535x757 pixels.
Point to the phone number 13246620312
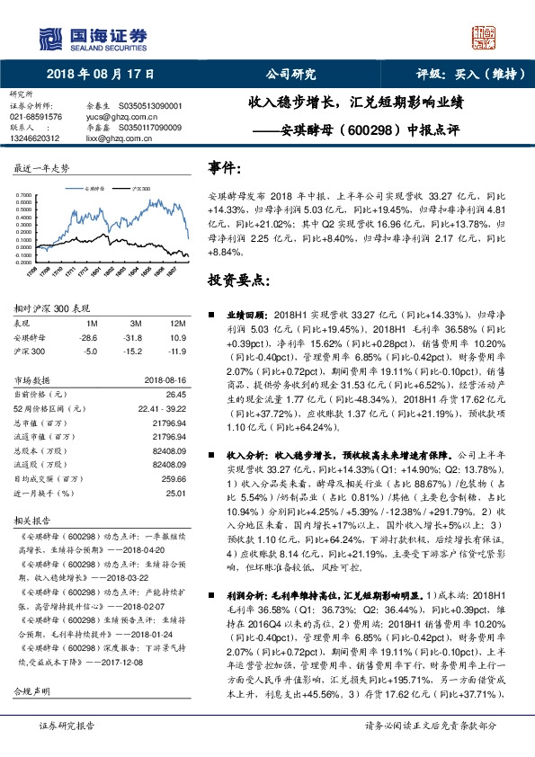(x=35, y=138)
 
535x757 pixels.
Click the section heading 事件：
(x=225, y=167)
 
